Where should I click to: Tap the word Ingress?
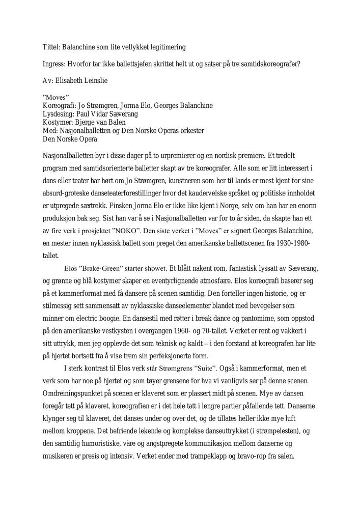[x=53, y=64]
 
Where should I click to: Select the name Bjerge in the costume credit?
[x=85, y=122]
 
